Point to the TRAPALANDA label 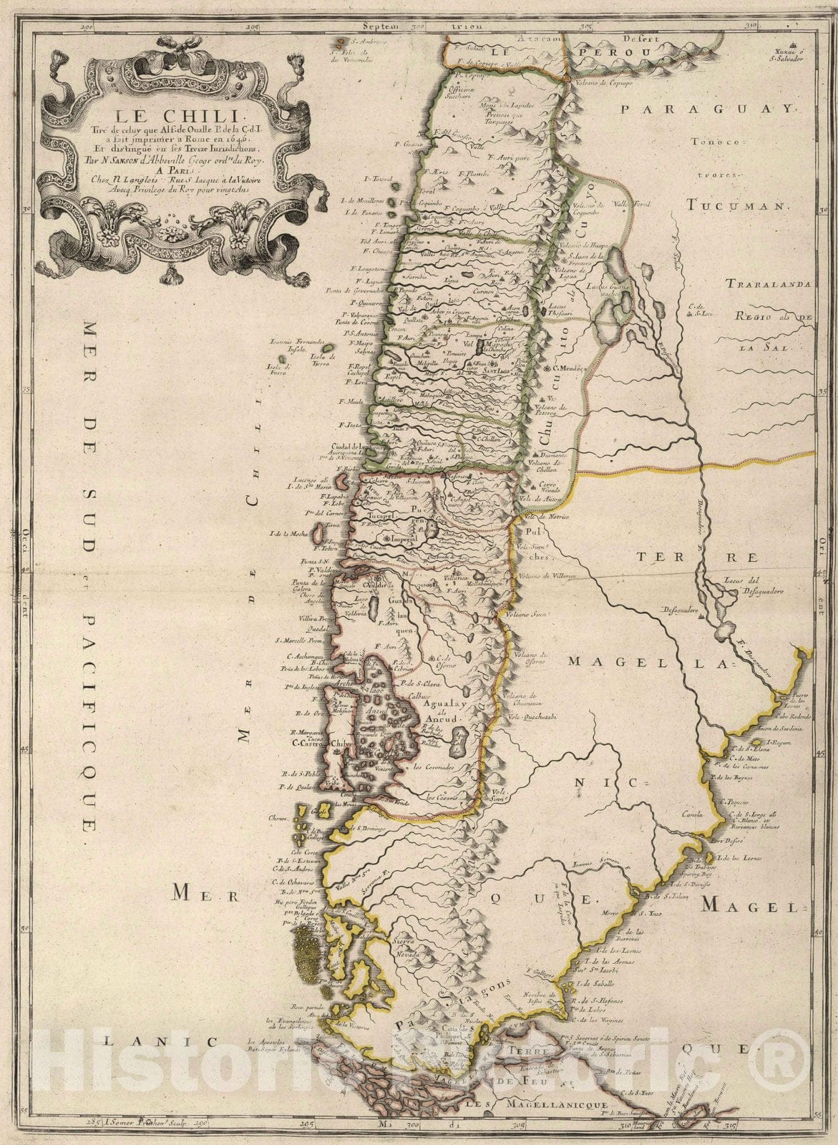pyautogui.click(x=769, y=285)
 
